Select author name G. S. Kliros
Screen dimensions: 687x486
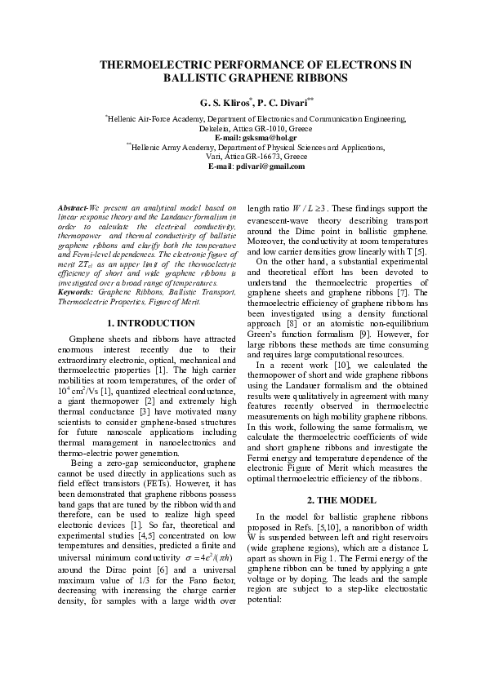coord(221,104)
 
